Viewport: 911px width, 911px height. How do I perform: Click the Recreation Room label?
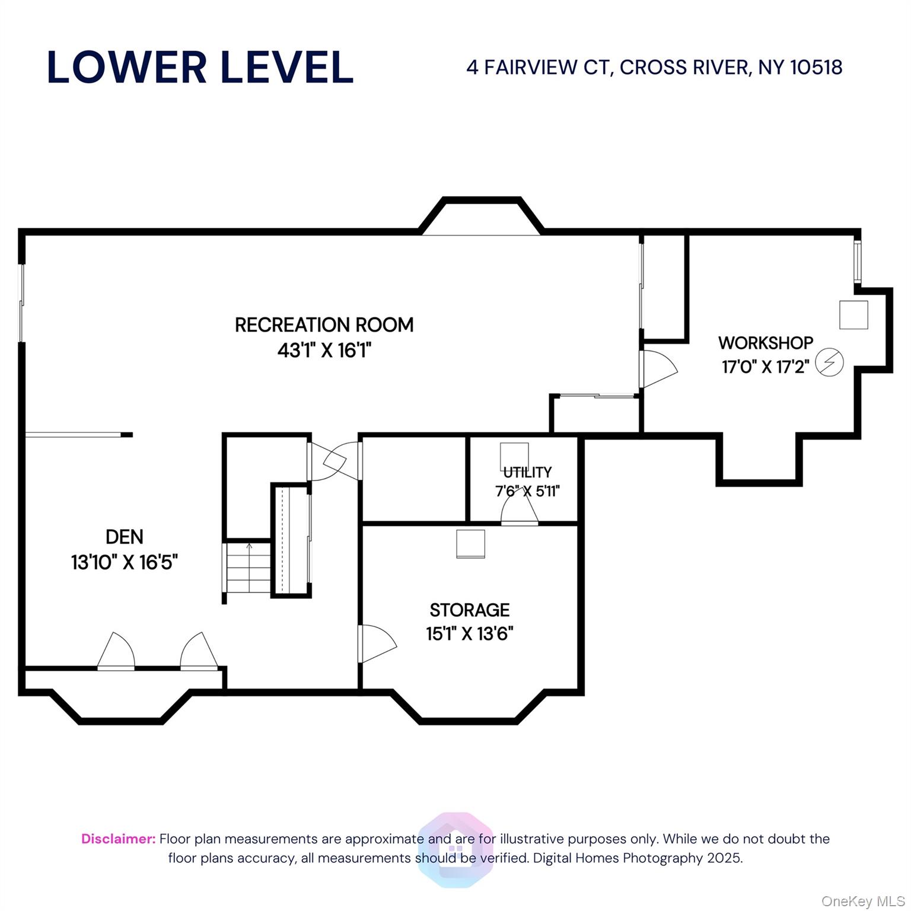pyautogui.click(x=324, y=325)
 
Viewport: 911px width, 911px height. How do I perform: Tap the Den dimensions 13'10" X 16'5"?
pyautogui.click(x=125, y=562)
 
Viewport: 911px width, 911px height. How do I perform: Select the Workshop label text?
pyautogui.click(x=766, y=343)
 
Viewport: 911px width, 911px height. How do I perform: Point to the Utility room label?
pyautogui.click(x=527, y=472)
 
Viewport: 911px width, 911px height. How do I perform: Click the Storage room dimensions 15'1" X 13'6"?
pyautogui.click(x=470, y=634)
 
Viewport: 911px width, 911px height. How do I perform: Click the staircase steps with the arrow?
pyautogui.click(x=249, y=568)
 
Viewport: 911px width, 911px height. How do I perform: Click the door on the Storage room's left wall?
pyautogui.click(x=377, y=644)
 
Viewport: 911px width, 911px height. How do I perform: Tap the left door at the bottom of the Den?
pyautogui.click(x=116, y=651)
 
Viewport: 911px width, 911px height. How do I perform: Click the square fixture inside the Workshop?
pyautogui.click(x=853, y=315)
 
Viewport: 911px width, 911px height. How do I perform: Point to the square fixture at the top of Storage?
pyautogui.click(x=470, y=544)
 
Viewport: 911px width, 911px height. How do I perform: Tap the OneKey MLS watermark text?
pyautogui.click(x=863, y=901)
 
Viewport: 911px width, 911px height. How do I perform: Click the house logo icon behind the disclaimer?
pyautogui.click(x=455, y=850)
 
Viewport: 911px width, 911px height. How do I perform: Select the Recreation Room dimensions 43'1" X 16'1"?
pyautogui.click(x=324, y=351)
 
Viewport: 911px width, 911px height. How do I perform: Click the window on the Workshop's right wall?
pyautogui.click(x=857, y=261)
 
